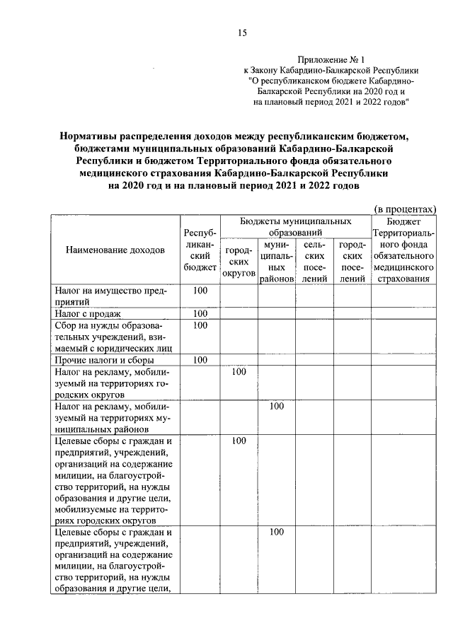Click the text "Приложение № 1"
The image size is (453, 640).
pos(331,60)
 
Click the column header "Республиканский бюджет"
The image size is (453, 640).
pos(200,250)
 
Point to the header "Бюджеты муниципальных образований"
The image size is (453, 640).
pos(295,226)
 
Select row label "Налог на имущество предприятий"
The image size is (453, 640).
pos(110,296)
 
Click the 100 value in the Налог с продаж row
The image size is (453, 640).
pos(200,313)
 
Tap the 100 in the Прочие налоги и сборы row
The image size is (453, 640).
pos(200,359)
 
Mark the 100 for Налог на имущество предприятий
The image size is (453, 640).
pos(200,291)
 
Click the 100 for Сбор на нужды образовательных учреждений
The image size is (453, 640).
pos(200,325)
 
